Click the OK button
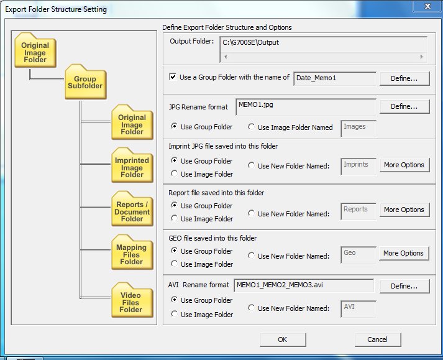click(x=283, y=339)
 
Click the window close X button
click(x=427, y=6)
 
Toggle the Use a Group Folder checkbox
click(x=173, y=76)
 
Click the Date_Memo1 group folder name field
click(x=335, y=78)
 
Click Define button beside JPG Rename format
click(x=404, y=106)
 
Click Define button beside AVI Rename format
click(x=404, y=286)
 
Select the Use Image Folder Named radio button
click(x=251, y=127)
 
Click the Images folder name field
click(x=359, y=128)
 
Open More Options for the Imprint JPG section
click(x=404, y=165)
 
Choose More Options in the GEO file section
click(x=404, y=253)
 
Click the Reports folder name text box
click(x=359, y=211)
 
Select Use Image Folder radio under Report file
click(x=175, y=218)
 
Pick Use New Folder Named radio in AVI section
click(x=251, y=308)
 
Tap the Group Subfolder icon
click(x=85, y=82)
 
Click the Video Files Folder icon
click(x=132, y=300)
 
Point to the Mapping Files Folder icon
click(x=132, y=252)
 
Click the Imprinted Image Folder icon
click(x=132, y=165)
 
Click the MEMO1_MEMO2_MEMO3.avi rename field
click(x=304, y=285)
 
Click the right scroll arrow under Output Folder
click(x=421, y=57)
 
